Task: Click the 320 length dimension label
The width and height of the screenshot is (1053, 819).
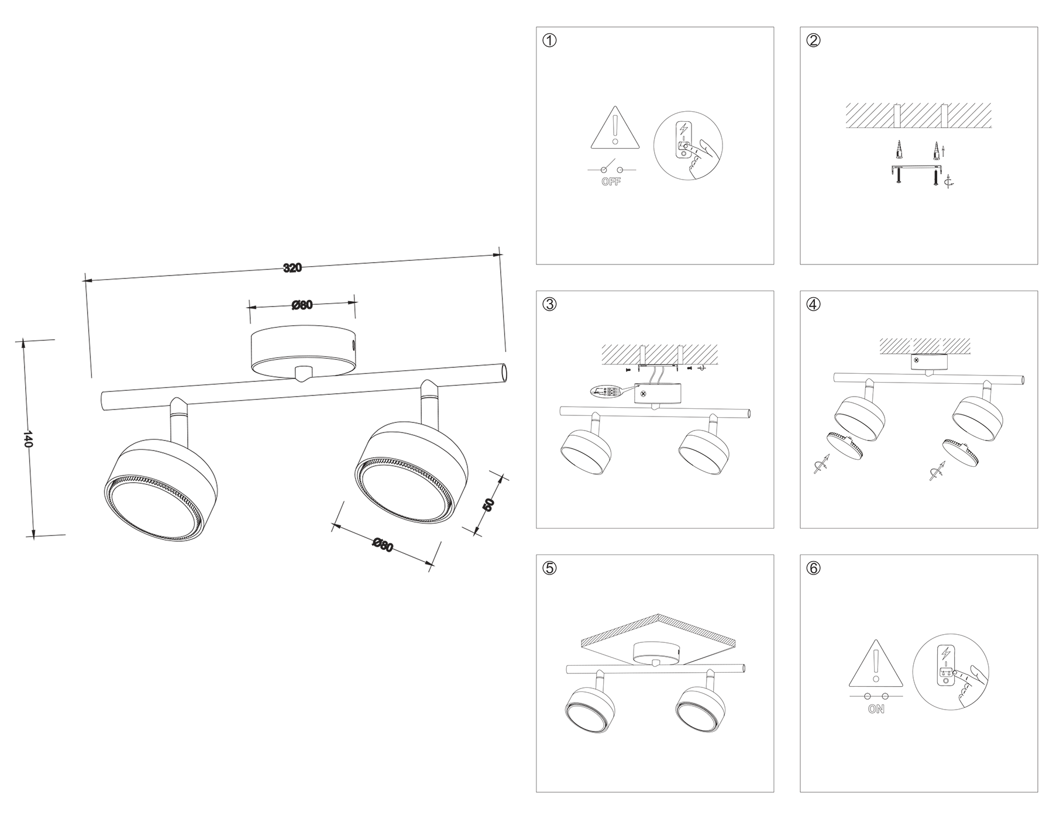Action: [x=292, y=268]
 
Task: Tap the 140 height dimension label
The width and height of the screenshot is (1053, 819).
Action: [x=27, y=439]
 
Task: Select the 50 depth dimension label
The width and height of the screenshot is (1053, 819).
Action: [x=488, y=504]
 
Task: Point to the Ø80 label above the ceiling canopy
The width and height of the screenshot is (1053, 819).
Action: [x=302, y=305]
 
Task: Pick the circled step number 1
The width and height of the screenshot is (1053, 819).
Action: [x=550, y=40]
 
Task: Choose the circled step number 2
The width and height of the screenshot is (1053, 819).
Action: [x=814, y=40]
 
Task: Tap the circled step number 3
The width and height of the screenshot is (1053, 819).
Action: [x=550, y=304]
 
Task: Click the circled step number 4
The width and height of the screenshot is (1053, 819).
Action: [x=814, y=304]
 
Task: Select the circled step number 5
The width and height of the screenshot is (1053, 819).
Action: [x=550, y=568]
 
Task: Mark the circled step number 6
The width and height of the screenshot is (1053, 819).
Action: [x=814, y=568]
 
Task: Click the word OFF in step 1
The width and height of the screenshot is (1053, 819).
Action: [x=611, y=182]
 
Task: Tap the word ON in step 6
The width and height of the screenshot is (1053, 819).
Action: [x=876, y=710]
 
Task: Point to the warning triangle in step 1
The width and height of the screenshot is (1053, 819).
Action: [x=614, y=129]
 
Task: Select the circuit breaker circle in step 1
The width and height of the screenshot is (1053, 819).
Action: [x=688, y=145]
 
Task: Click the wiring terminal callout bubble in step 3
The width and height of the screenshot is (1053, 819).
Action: [x=604, y=391]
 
